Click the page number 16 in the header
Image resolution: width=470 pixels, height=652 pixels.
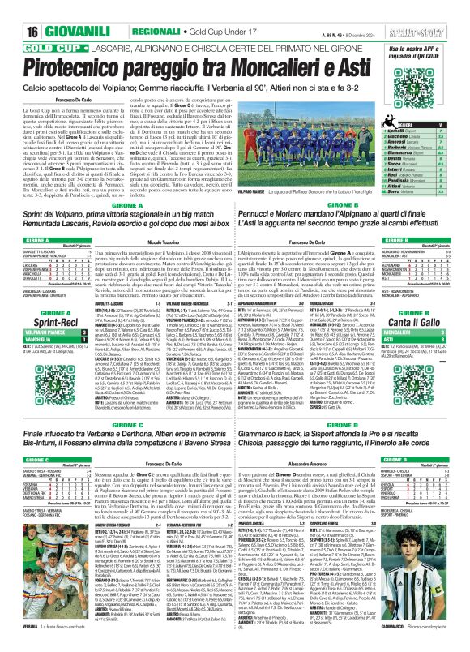tap(14, 9)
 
